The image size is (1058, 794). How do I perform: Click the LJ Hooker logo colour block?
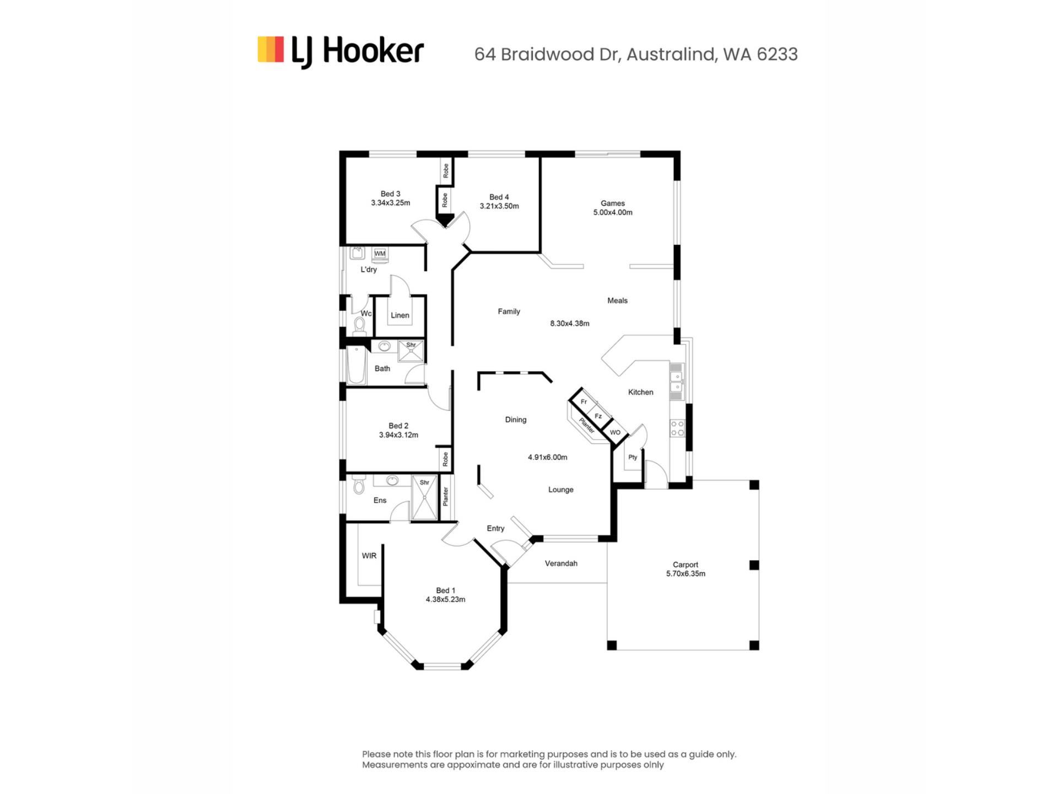pyautogui.click(x=271, y=50)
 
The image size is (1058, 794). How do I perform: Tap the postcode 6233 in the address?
pyautogui.click(x=777, y=54)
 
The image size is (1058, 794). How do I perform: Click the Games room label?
pyautogui.click(x=613, y=203)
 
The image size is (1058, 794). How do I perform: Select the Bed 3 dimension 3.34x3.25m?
pyautogui.click(x=391, y=203)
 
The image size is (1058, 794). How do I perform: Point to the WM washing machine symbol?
pyautogui.click(x=380, y=254)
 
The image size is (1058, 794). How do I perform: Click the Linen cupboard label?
pyautogui.click(x=400, y=315)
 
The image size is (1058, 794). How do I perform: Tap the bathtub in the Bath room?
pyautogui.click(x=357, y=365)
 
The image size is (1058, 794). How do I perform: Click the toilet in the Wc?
pyautogui.click(x=360, y=326)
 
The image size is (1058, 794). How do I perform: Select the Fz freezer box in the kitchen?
pyautogui.click(x=598, y=416)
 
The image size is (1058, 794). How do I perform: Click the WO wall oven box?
pyautogui.click(x=615, y=432)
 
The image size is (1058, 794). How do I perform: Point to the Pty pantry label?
pyautogui.click(x=633, y=457)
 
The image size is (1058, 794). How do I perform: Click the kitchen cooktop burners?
pyautogui.click(x=677, y=428)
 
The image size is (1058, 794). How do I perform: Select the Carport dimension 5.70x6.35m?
pyautogui.click(x=685, y=573)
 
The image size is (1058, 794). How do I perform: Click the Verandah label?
pyautogui.click(x=561, y=564)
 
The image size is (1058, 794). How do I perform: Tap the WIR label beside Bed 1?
pyautogui.click(x=369, y=556)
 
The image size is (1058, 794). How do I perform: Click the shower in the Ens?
pyautogui.click(x=424, y=497)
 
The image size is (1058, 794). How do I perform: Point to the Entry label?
pyautogui.click(x=495, y=528)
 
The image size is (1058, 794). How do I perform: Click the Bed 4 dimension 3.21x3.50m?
pyautogui.click(x=499, y=206)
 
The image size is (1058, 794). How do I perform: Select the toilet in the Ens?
pyautogui.click(x=359, y=485)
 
